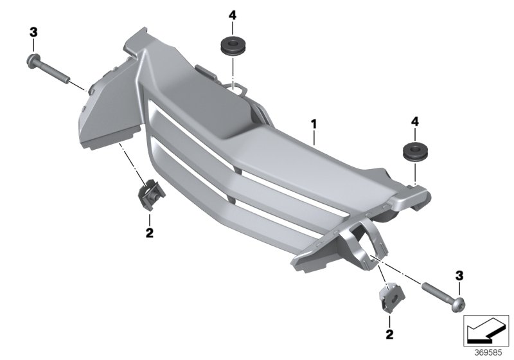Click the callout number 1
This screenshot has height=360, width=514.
coord(314,124)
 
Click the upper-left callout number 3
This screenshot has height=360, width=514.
coord(33,32)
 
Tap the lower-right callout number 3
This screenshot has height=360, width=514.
coord(459,276)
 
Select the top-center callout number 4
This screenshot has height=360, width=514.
coord(232,15)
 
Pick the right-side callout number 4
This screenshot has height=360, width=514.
coord(414,122)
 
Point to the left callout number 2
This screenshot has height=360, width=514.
coord(150,233)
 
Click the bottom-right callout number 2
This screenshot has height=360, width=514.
coord(389,334)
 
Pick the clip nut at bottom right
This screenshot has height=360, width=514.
coord(392,297)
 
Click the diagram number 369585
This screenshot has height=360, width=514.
coord(488,353)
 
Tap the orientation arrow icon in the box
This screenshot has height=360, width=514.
coord(486,330)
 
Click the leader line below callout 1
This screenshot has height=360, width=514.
coord(314,138)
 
